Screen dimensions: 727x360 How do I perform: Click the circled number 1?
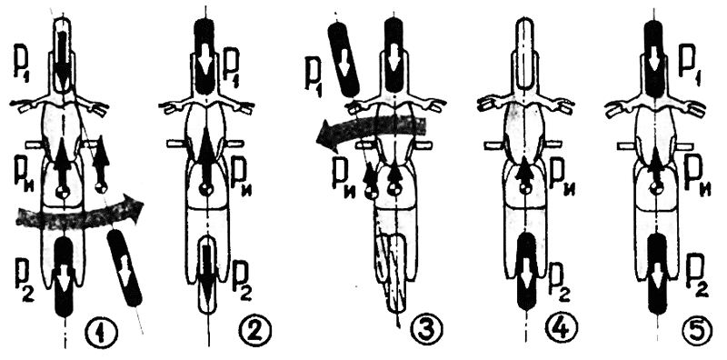(x=101, y=331)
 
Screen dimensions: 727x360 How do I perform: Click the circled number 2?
(x=255, y=331)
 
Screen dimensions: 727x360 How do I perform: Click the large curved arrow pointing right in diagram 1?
(x=79, y=216)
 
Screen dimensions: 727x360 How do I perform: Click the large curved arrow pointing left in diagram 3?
(x=371, y=131)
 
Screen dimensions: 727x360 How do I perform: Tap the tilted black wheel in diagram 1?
(x=124, y=268)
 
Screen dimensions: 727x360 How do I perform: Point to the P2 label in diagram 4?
(x=560, y=277)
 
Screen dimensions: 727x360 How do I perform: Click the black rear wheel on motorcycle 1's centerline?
(x=65, y=276)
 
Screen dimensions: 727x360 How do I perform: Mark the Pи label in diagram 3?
(x=343, y=177)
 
